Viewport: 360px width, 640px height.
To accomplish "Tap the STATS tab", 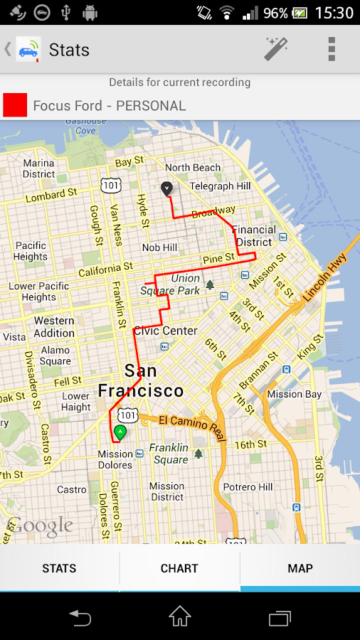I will tap(59, 568).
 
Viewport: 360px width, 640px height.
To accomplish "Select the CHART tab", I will tap(179, 568).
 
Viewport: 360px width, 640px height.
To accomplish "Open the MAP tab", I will tap(300, 568).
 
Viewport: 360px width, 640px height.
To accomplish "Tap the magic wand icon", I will tap(276, 49).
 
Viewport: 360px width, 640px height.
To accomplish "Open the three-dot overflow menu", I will tap(331, 49).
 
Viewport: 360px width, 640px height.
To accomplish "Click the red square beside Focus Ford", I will tap(15, 105).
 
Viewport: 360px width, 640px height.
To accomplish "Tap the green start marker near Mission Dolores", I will tap(120, 431).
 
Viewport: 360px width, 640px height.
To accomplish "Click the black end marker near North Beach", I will tap(166, 188).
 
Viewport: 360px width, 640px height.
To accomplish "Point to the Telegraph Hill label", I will tap(221, 186).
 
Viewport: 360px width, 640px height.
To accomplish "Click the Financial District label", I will tap(254, 235).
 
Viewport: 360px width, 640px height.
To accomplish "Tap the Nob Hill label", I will tap(159, 247).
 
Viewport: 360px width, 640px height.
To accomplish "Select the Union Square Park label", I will tap(170, 284).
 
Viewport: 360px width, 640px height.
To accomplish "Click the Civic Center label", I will tap(165, 331).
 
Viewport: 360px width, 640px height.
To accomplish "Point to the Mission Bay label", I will tap(295, 394).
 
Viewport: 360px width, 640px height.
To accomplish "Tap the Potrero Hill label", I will tap(248, 487).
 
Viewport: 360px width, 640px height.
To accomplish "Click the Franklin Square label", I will tap(169, 454).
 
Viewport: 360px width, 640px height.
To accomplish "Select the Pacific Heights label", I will tap(31, 251).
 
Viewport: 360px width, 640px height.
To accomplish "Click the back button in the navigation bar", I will tap(80, 617).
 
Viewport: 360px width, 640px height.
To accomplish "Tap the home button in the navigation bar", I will tap(180, 617).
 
